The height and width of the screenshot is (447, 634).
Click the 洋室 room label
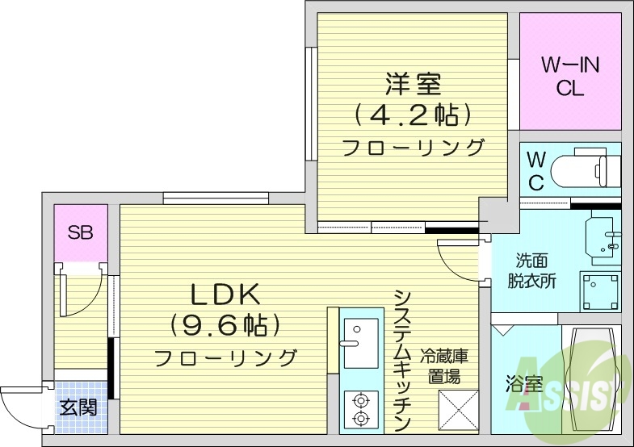point(413,84)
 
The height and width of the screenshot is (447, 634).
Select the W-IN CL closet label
point(570,77)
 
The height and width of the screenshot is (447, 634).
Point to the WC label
point(535,171)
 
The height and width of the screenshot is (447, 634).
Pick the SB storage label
point(81,232)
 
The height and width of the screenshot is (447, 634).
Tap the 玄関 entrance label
point(78,407)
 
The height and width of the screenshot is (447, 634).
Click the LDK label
point(225,295)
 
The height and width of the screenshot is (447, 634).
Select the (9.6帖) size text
point(225,325)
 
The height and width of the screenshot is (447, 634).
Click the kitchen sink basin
point(361,343)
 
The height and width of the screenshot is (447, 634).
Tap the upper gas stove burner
point(361,400)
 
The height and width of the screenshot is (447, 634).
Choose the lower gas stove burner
point(361,417)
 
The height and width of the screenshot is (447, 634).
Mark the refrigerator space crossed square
point(459,411)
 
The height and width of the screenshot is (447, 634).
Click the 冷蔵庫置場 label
point(444,366)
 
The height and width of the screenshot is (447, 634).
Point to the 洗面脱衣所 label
point(531,270)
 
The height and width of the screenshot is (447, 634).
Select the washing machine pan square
point(600,291)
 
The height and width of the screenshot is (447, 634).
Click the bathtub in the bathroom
point(591,379)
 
